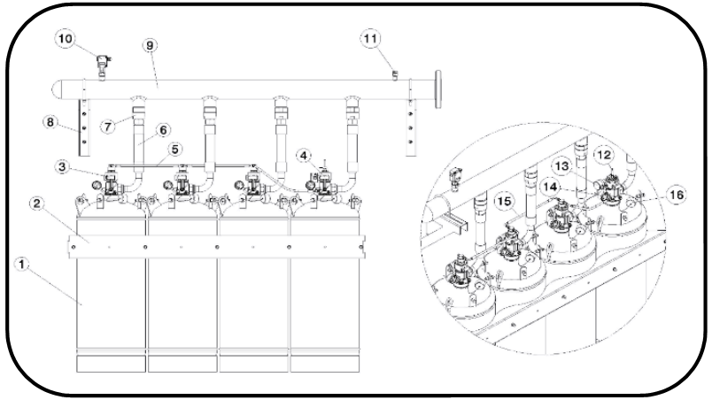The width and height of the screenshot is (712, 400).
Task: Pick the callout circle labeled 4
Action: click(x=304, y=156)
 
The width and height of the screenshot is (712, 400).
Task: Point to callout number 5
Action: click(x=176, y=149)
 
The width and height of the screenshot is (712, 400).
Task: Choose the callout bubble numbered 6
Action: click(x=164, y=129)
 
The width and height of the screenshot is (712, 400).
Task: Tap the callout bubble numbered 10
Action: click(x=66, y=38)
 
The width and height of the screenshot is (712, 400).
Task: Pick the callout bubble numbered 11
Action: click(x=369, y=38)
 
